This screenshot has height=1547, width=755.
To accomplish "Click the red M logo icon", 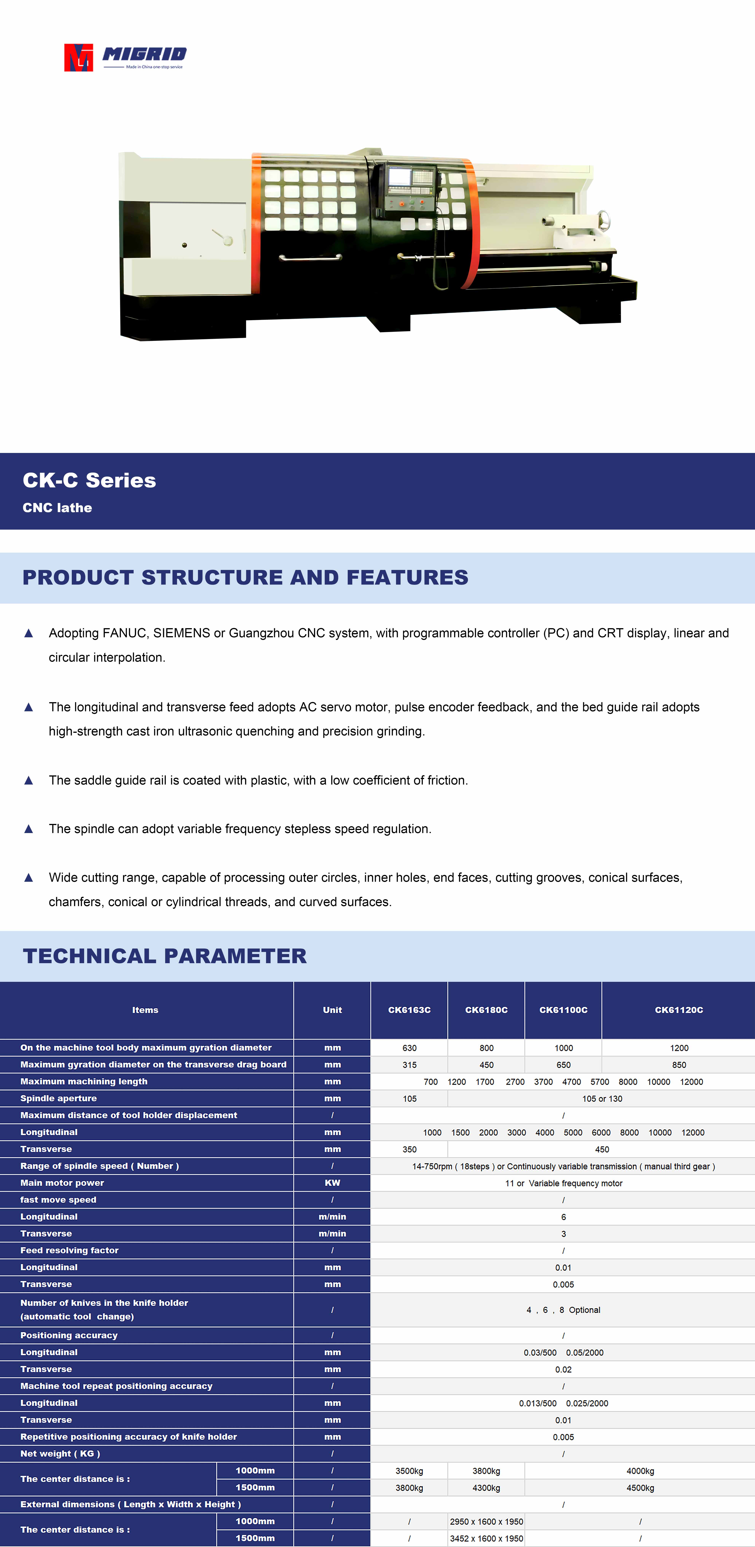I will (78, 58).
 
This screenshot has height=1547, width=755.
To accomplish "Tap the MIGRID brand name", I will (144, 54).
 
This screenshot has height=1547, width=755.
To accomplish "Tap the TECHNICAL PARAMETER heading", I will (165, 956).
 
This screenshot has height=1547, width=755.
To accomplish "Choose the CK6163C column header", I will (409, 1010).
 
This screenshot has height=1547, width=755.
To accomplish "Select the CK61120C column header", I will (679, 1010).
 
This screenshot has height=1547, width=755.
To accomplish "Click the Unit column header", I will (332, 1010).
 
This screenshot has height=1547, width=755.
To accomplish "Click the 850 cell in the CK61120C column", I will (679, 1065).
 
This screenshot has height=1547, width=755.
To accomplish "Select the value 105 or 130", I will (602, 1098).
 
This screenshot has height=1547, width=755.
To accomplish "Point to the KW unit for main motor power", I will (332, 1183).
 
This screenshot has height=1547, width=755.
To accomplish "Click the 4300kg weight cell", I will (486, 1488).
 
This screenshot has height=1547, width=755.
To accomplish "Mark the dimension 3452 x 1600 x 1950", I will (486, 1539).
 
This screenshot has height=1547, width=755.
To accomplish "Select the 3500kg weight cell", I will (409, 1471).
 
